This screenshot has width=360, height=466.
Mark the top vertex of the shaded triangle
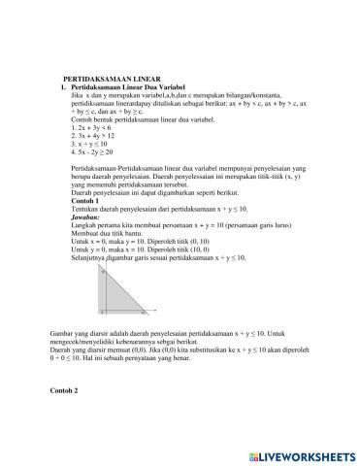point(102,275)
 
